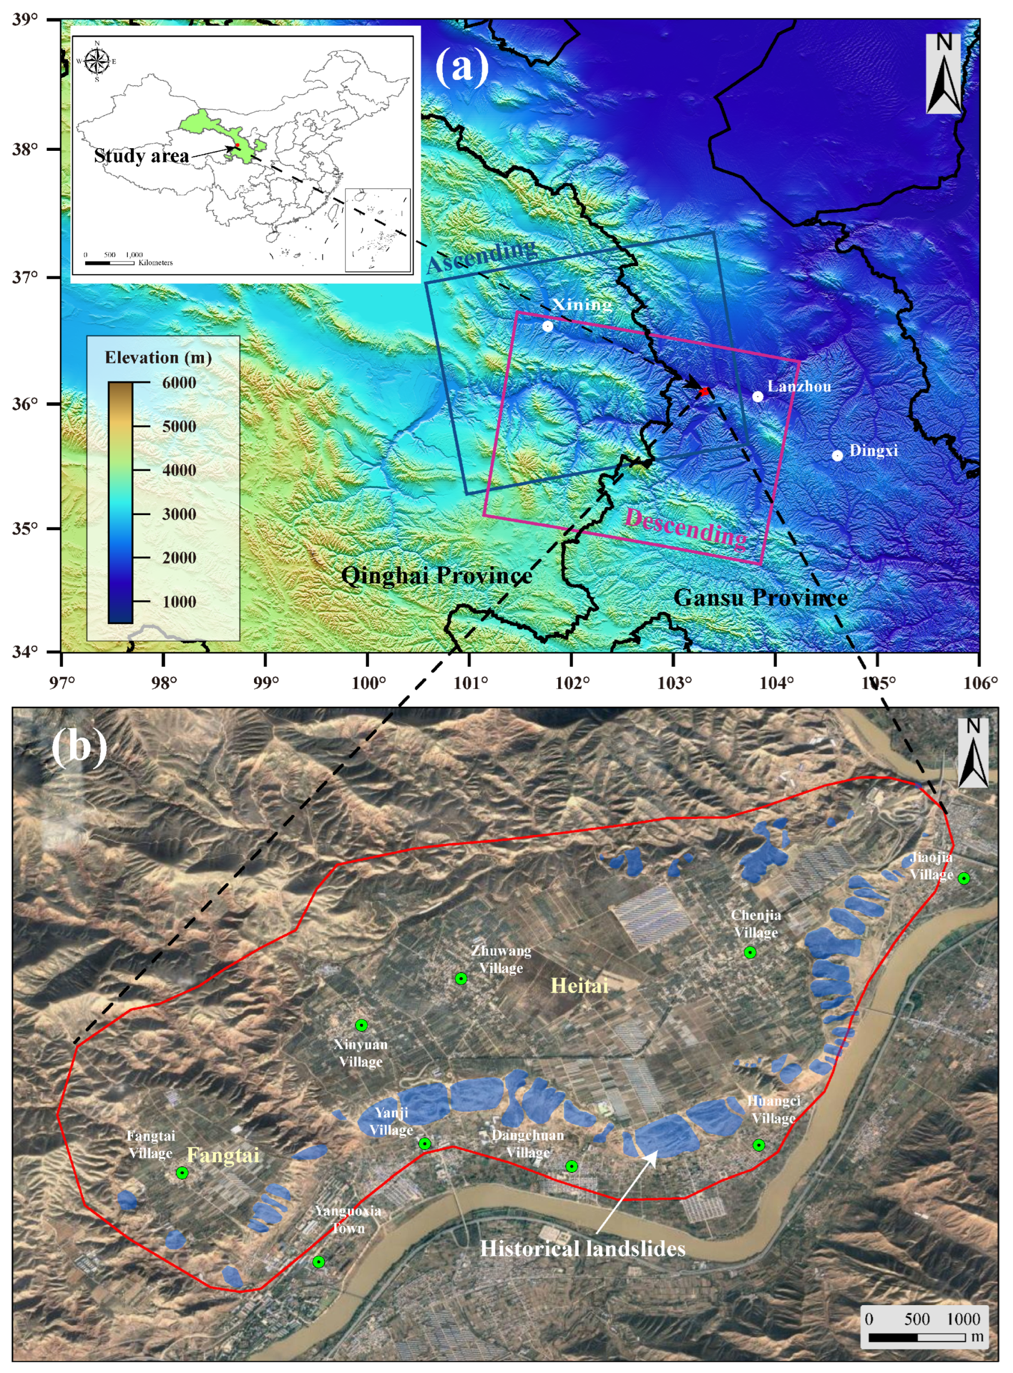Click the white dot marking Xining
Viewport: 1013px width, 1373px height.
[x=548, y=326]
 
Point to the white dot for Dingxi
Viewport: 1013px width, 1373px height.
[x=837, y=455]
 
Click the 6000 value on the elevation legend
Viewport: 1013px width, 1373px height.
[x=179, y=383]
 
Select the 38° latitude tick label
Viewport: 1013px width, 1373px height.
[x=25, y=149]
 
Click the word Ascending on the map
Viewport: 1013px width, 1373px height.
[x=481, y=256]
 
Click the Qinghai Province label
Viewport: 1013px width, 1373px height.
[x=436, y=576]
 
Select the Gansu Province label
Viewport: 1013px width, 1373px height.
[x=761, y=597]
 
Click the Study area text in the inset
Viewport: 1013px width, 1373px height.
[x=141, y=156]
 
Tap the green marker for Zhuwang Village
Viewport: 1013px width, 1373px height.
[x=461, y=978]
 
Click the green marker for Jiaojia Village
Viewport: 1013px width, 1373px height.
[x=964, y=878]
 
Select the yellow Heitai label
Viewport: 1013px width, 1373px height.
[x=580, y=986]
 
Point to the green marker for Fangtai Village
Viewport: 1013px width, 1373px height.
[x=182, y=1173]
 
